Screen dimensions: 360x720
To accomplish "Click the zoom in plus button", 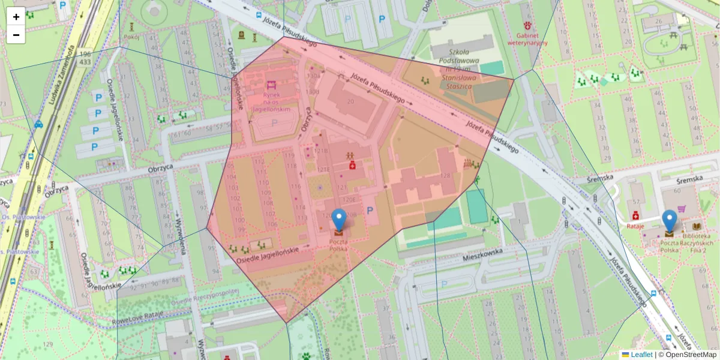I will pyautogui.click(x=16, y=17).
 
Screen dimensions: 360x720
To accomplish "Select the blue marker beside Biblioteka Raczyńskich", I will pyautogui.click(x=669, y=221).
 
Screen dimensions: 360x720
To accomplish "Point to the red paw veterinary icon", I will pyautogui.click(x=528, y=26).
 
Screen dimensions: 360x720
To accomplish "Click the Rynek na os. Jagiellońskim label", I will pyautogui.click(x=272, y=102).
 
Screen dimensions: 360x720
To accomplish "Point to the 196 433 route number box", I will pyautogui.click(x=85, y=58).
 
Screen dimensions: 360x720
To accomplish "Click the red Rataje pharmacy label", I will pyautogui.click(x=635, y=226).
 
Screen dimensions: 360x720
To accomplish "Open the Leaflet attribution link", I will pyautogui.click(x=641, y=355).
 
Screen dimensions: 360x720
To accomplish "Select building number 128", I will pyautogui.click(x=445, y=175).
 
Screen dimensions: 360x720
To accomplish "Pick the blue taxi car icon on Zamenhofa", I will pyautogui.click(x=38, y=125).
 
